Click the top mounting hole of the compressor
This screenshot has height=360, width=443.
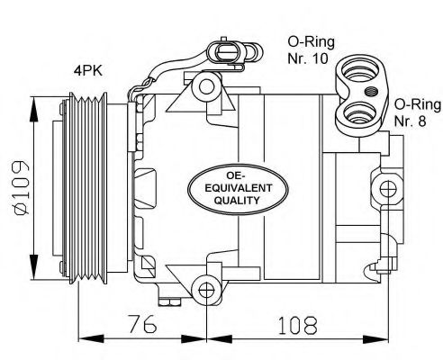pyautogui.click(x=208, y=87)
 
